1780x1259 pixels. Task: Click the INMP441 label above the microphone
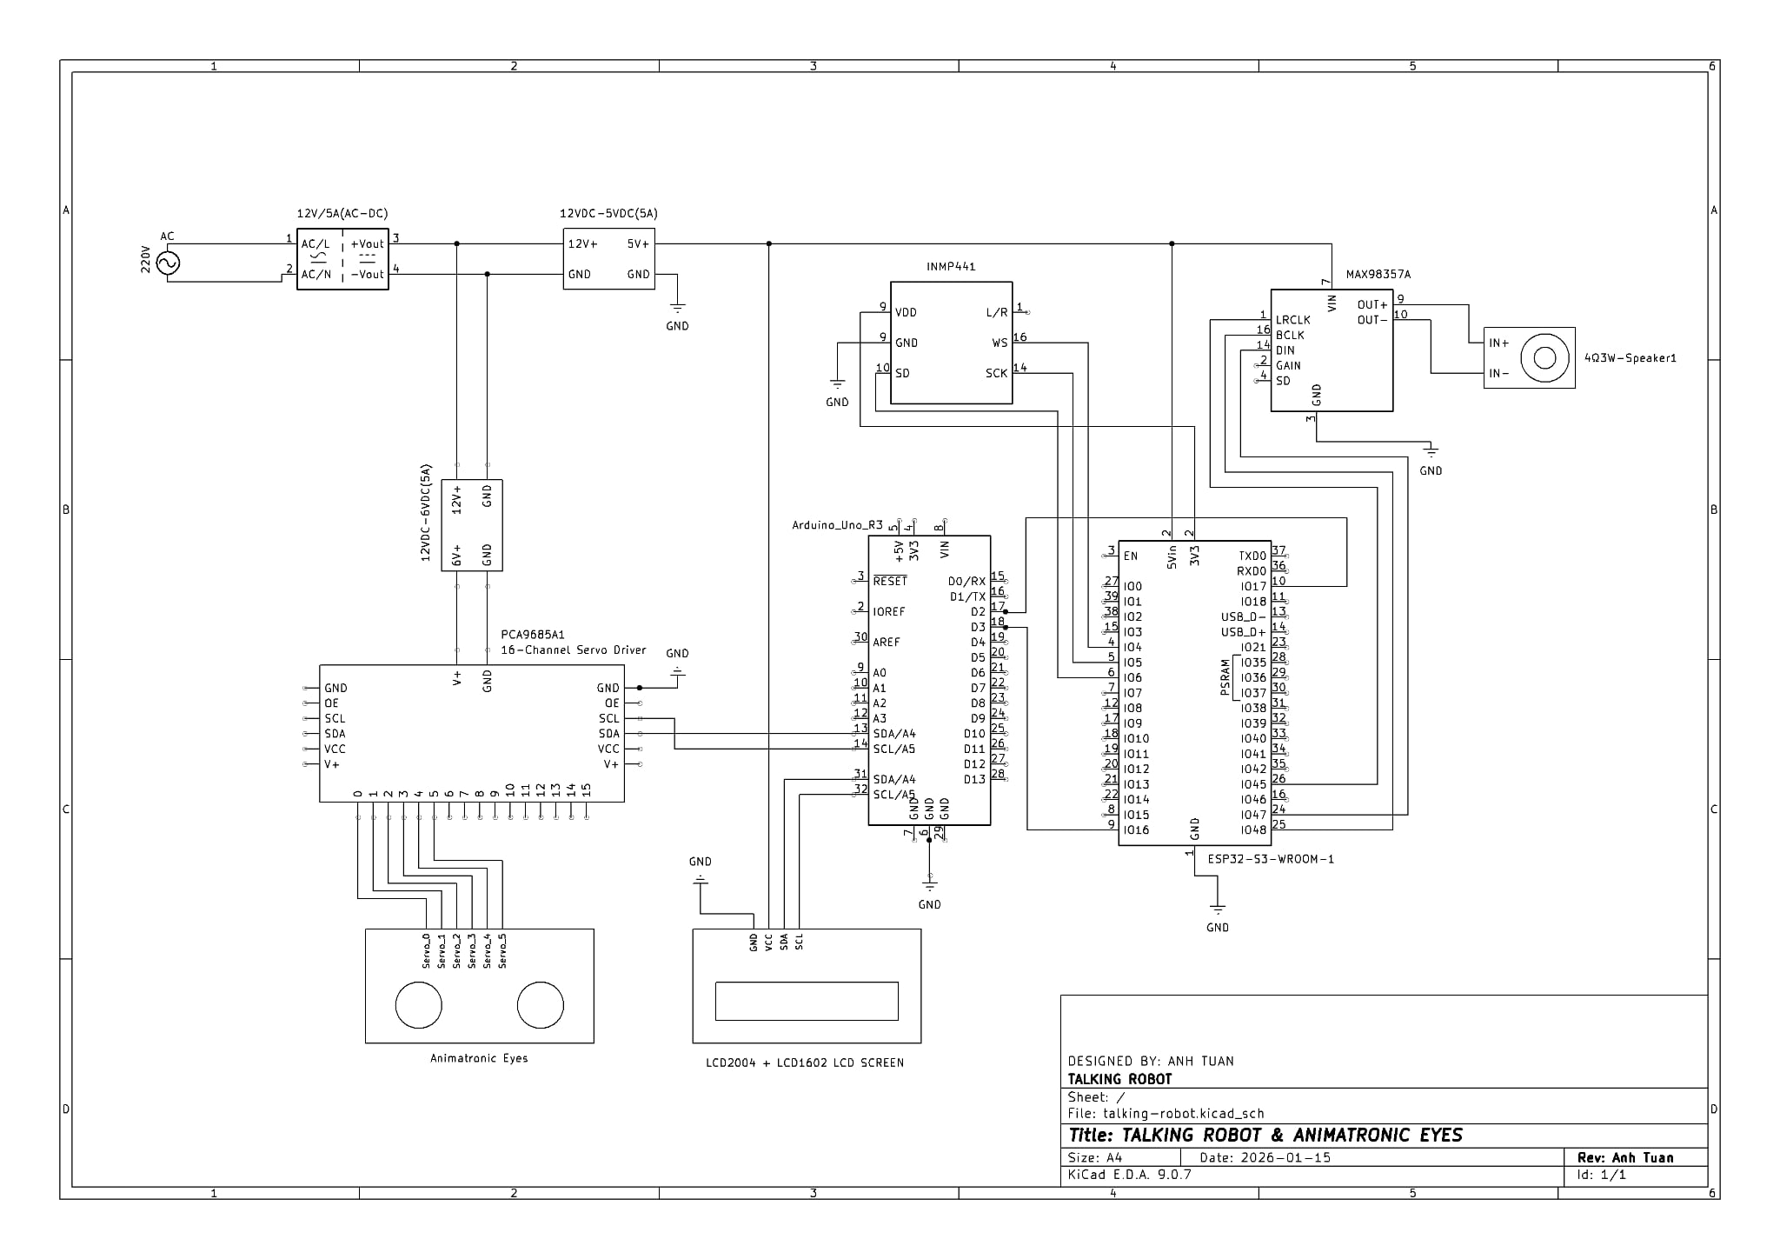[x=951, y=267]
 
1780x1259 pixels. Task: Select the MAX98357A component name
[x=1378, y=275]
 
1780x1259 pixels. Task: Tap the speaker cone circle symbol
[x=1544, y=357]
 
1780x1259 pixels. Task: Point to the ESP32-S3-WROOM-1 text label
[x=1271, y=859]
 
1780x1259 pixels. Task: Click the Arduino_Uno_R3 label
[x=837, y=525]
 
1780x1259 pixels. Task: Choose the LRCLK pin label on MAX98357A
[x=1292, y=320]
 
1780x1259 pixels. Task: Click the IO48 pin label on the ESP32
[x=1253, y=830]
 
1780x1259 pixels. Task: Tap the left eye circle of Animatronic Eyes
[x=418, y=1005]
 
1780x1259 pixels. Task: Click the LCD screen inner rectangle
[x=807, y=1001]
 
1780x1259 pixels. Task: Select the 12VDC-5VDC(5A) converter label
[x=608, y=214]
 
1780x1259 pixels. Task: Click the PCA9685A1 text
[x=533, y=636]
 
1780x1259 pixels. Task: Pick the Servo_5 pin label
[x=502, y=951]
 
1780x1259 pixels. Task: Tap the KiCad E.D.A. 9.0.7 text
[x=1129, y=1175]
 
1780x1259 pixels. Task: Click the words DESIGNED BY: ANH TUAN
[x=1150, y=1061]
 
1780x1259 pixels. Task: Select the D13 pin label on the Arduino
[x=974, y=780]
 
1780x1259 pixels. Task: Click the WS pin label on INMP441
[x=1000, y=343]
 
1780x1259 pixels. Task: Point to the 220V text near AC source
[x=146, y=259]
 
